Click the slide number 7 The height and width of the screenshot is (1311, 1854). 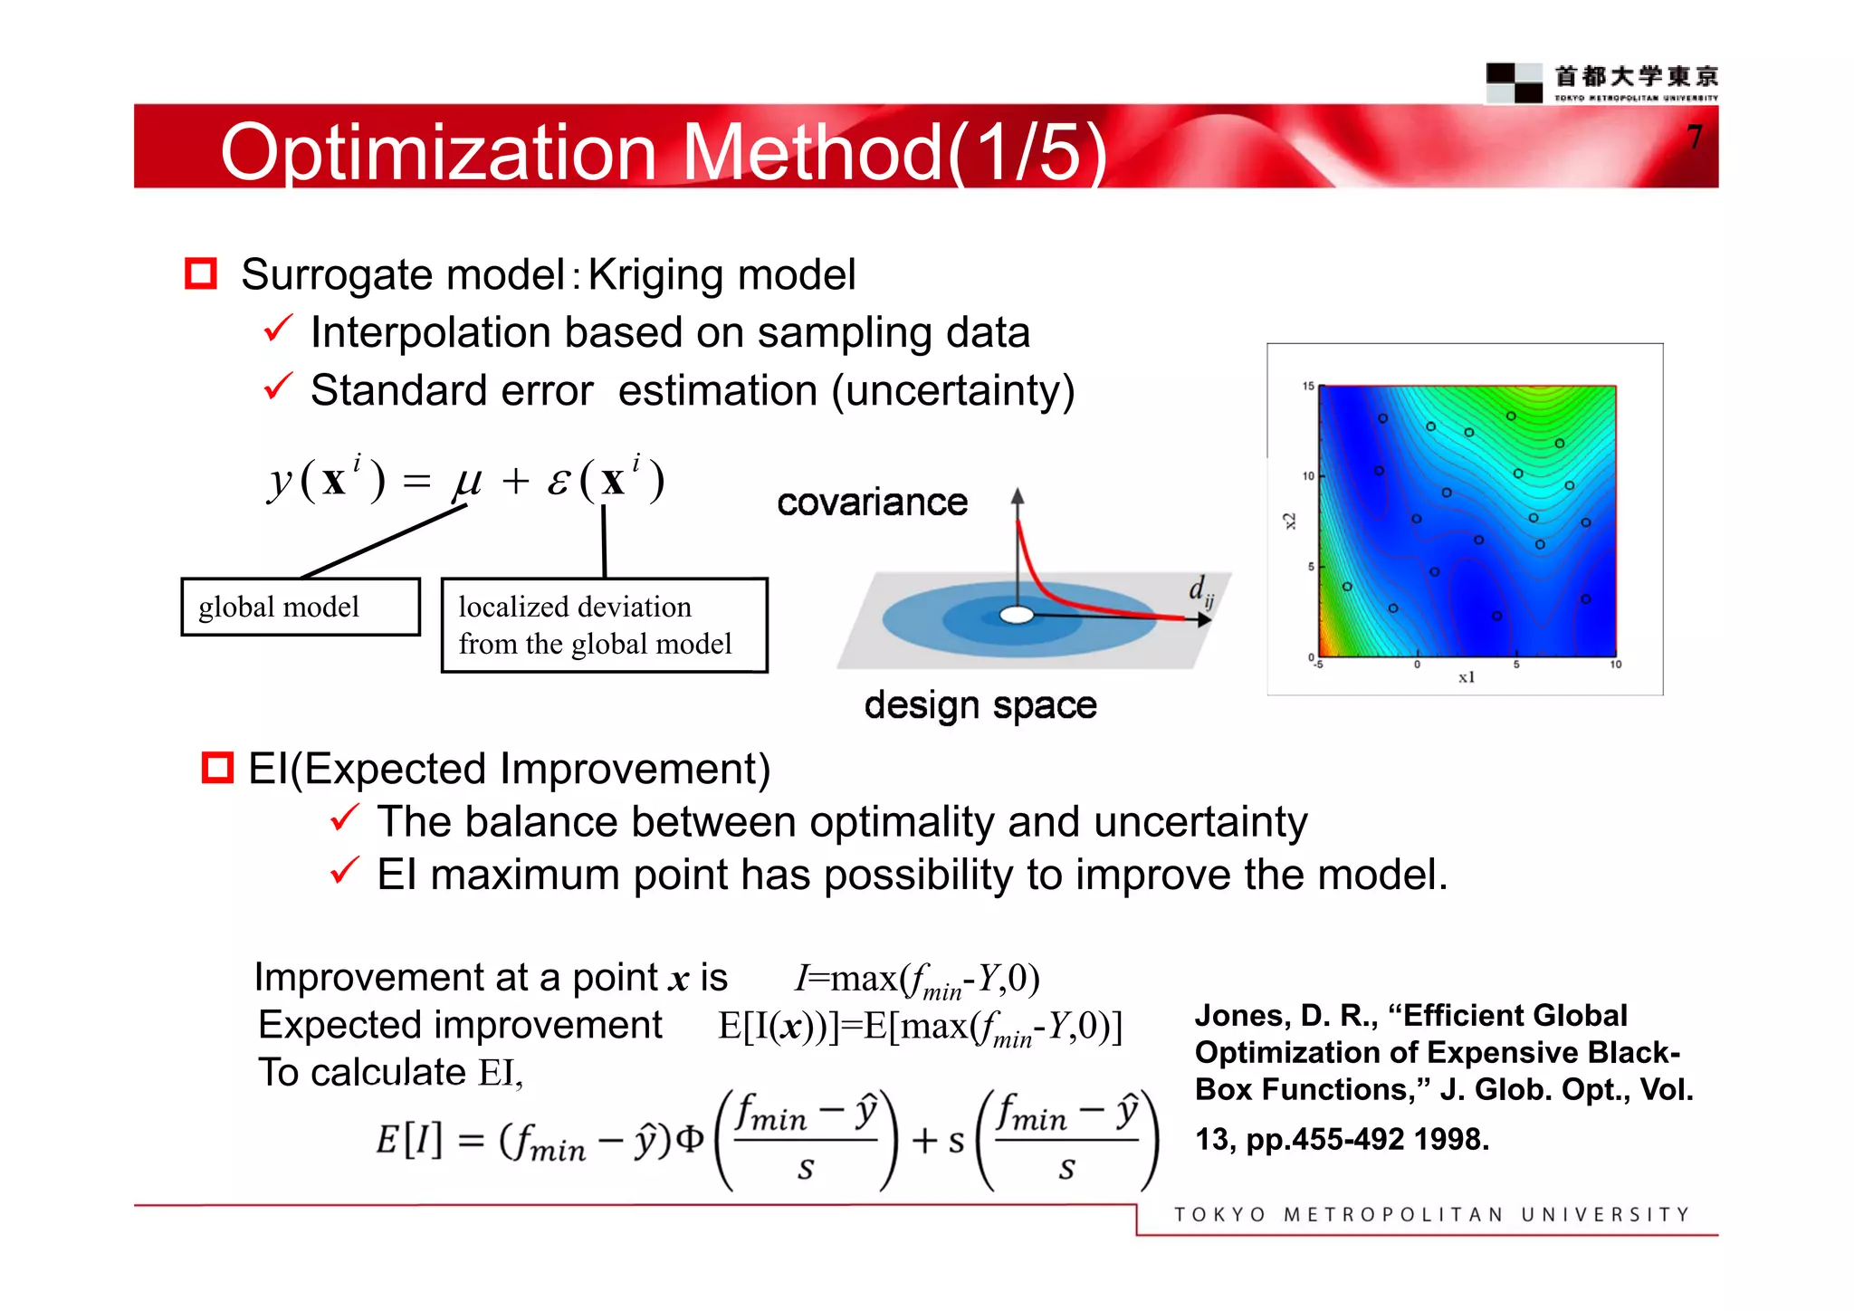pyautogui.click(x=1695, y=138)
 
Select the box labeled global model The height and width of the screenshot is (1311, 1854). pyautogui.click(x=301, y=608)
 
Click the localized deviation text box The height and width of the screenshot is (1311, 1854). pyautogui.click(x=604, y=626)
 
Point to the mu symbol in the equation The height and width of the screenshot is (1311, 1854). pyautogui.click(x=467, y=480)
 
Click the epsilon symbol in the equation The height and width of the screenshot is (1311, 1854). pyautogui.click(x=559, y=482)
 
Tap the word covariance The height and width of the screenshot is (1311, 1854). pyautogui.click(x=872, y=502)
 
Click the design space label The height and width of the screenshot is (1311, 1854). pyautogui.click(x=980, y=704)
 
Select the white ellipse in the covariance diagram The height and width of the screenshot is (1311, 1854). pyautogui.click(x=1017, y=616)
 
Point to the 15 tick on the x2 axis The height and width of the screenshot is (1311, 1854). pyautogui.click(x=1308, y=387)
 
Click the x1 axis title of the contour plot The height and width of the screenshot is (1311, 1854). pyautogui.click(x=1467, y=677)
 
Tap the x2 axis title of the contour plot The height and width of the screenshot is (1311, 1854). pyautogui.click(x=1290, y=522)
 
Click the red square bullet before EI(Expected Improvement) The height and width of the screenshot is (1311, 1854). pyautogui.click(x=217, y=768)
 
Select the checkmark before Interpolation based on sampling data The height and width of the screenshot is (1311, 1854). pyautogui.click(x=278, y=329)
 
